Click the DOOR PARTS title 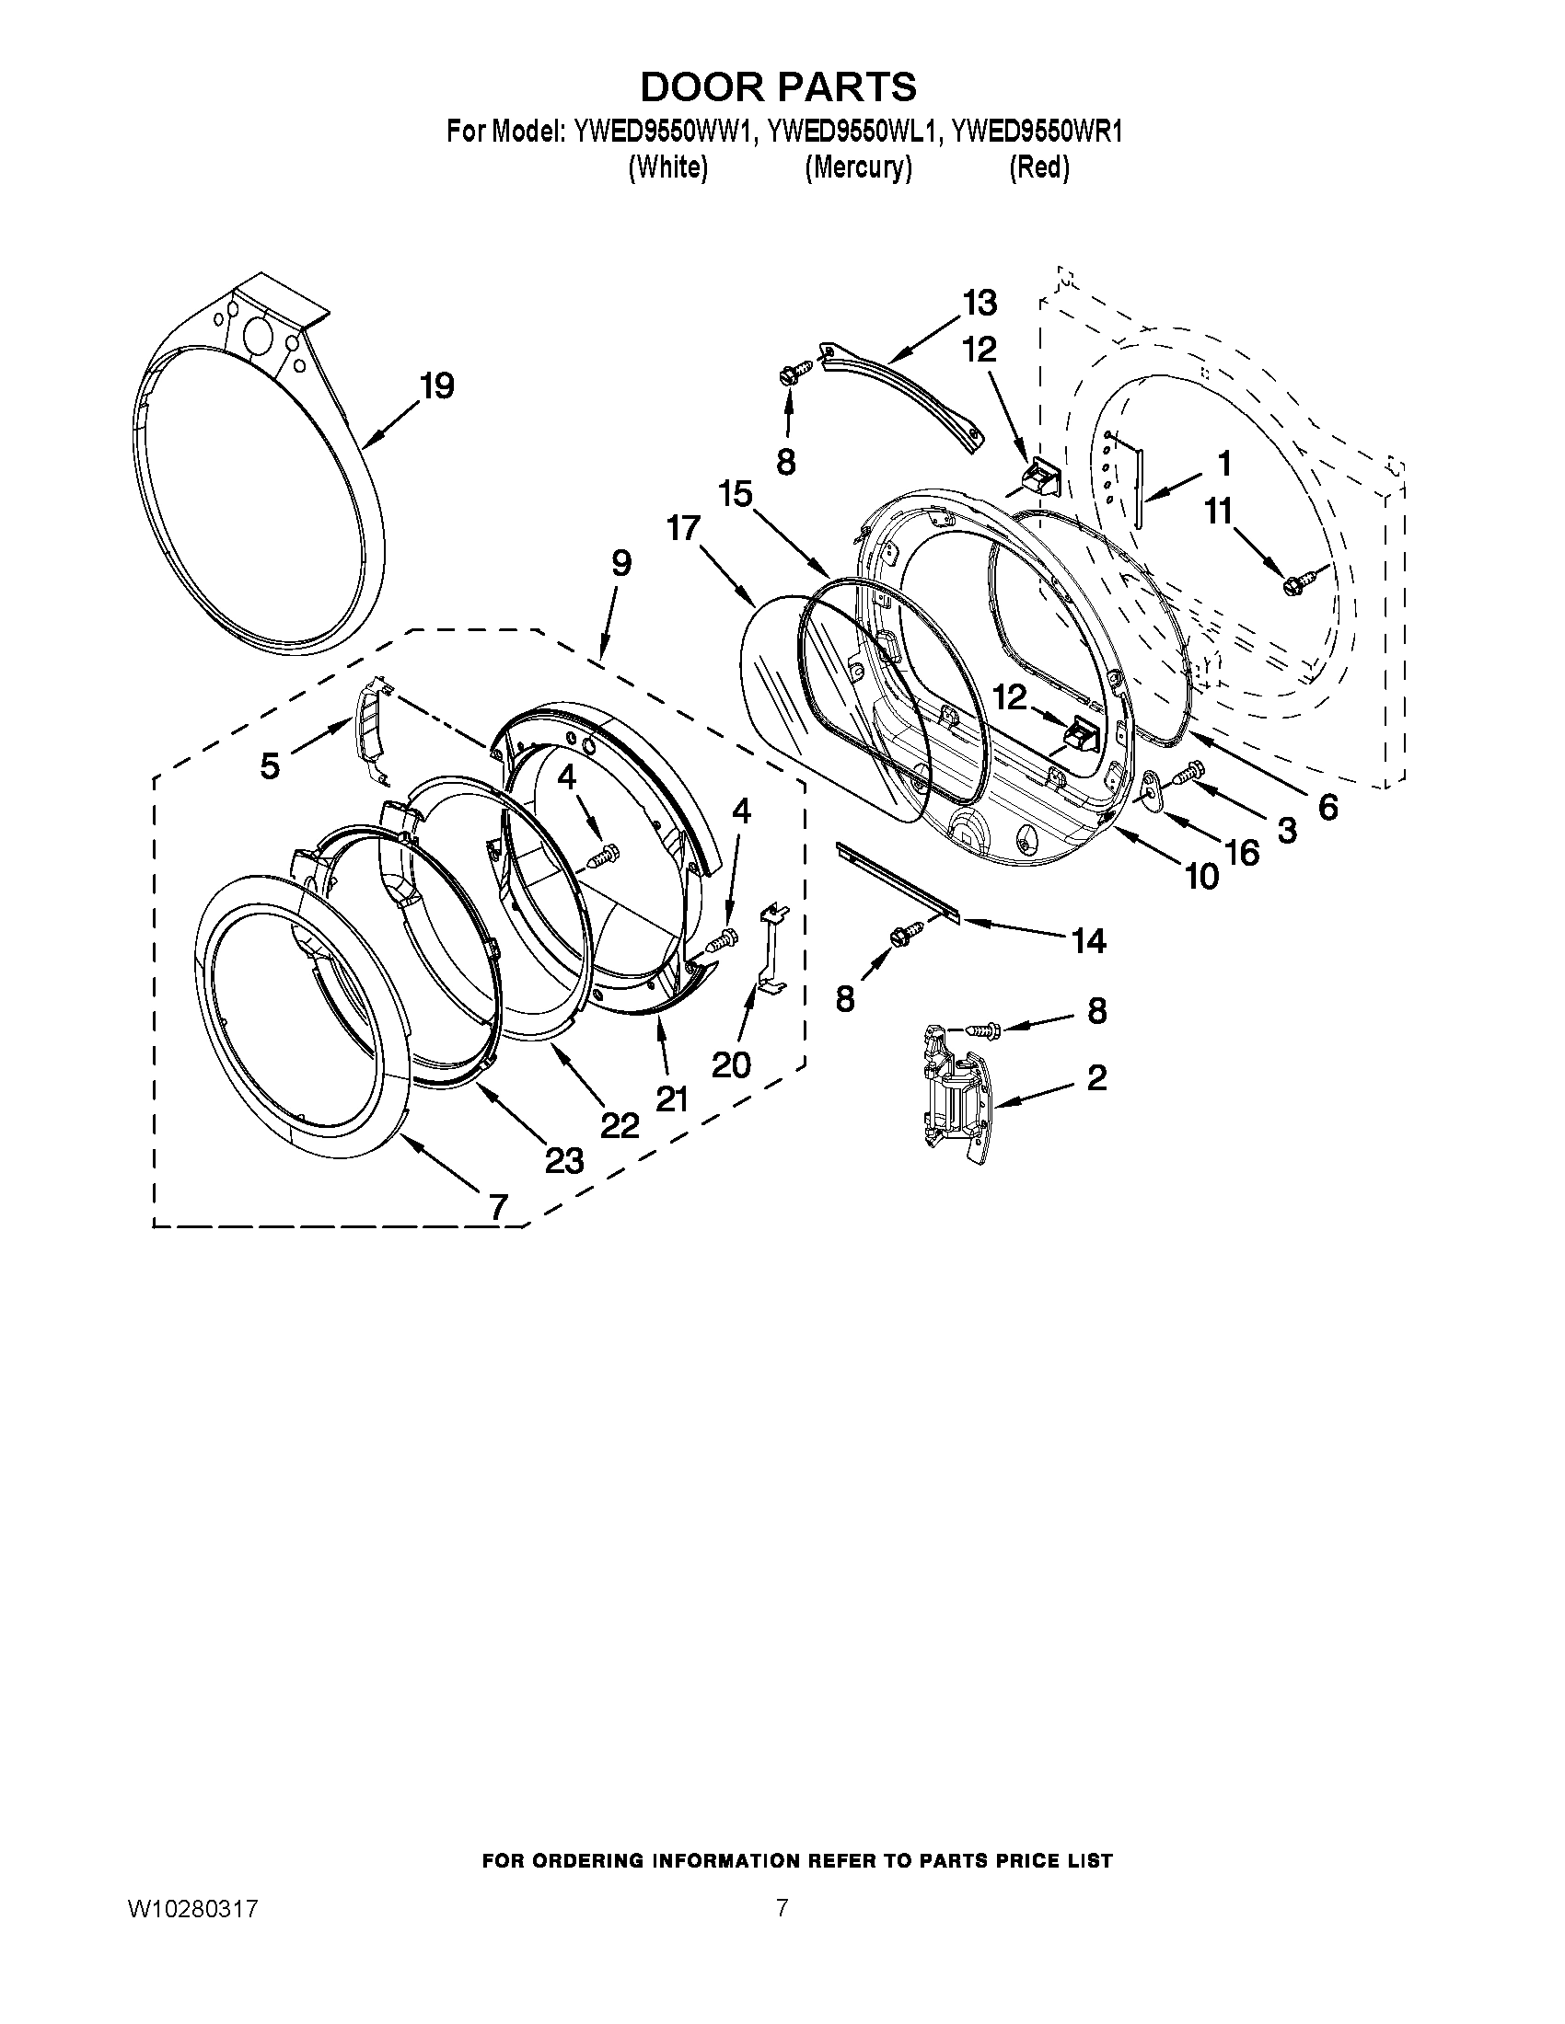point(779,87)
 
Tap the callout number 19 point(437,385)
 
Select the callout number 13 point(980,302)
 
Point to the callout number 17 point(684,529)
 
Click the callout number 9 point(621,562)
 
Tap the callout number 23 point(564,1159)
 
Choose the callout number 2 point(1096,1078)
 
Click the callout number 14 point(1088,941)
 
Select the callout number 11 point(1219,511)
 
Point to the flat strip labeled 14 point(897,878)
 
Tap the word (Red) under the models point(1038,167)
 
